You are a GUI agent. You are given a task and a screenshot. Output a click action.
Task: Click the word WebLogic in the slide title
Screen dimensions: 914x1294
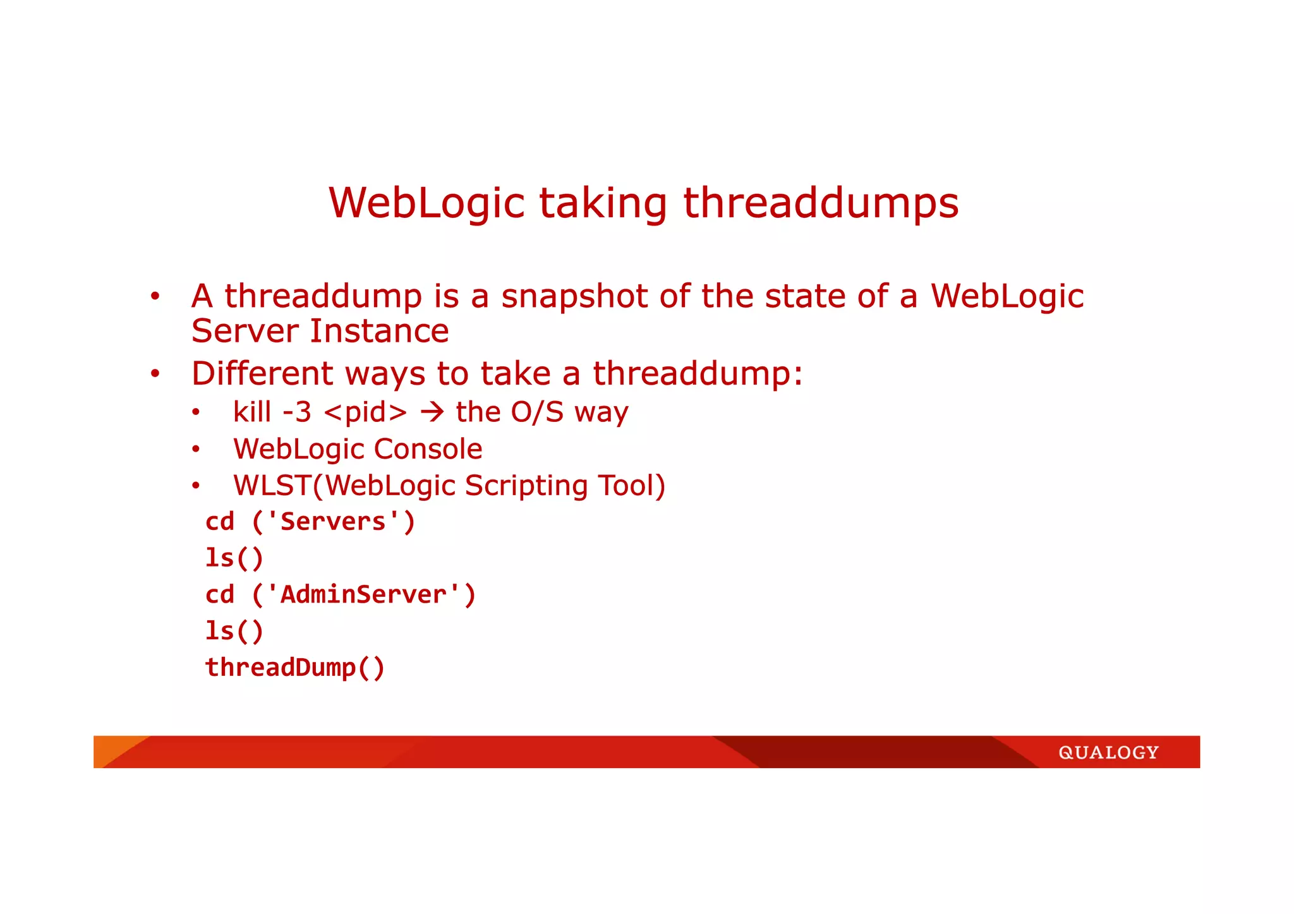[x=426, y=203]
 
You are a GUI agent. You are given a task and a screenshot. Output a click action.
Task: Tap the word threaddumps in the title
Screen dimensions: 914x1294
[x=821, y=203]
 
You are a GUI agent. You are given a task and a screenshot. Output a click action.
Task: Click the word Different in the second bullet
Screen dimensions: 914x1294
[x=262, y=373]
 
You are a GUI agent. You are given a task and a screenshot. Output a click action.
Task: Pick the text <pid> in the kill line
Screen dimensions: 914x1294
[x=365, y=412]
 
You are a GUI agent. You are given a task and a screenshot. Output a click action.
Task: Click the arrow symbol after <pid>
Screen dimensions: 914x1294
[x=432, y=412]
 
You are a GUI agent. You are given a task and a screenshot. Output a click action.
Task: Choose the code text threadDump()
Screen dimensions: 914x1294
[x=295, y=668]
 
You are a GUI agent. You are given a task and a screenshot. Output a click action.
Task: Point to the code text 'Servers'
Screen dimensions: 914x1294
[x=333, y=522]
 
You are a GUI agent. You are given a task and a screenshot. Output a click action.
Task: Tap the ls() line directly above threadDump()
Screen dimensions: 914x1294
[x=234, y=631]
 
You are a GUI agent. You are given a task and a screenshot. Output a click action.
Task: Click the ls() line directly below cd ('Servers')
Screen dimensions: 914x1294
[x=234, y=558]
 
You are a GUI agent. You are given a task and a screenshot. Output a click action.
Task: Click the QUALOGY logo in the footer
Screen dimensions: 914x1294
[x=1108, y=752]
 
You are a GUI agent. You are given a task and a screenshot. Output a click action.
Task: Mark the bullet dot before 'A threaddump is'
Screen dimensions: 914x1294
[x=155, y=297]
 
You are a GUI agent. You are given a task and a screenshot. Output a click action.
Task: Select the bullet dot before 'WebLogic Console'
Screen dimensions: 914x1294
[x=196, y=450]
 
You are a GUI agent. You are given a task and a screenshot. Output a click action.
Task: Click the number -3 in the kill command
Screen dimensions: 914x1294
[x=297, y=412]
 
